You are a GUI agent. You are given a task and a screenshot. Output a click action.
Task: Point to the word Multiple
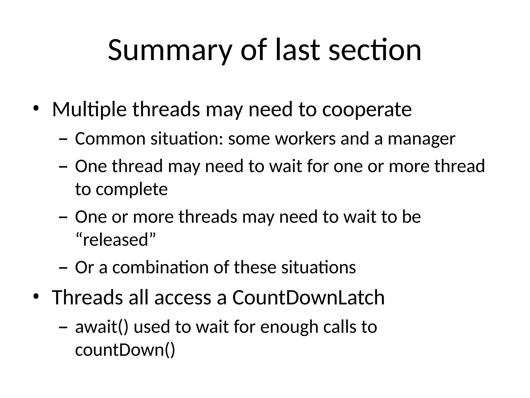click(x=89, y=109)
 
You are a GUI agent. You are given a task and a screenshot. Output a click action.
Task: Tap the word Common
click(x=110, y=139)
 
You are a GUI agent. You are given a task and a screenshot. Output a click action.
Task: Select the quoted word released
click(x=115, y=240)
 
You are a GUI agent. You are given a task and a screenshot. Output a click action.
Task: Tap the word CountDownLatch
click(x=308, y=297)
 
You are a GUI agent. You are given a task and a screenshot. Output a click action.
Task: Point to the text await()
click(x=101, y=327)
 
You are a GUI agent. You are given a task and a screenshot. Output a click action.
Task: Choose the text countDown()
click(x=125, y=350)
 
